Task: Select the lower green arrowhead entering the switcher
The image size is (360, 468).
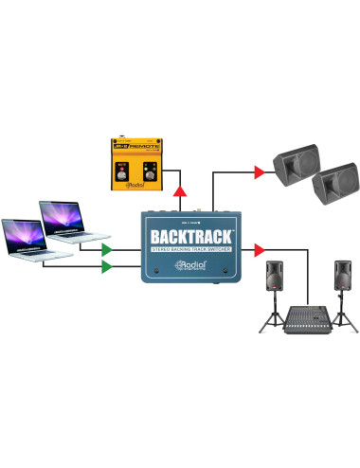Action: tap(109, 267)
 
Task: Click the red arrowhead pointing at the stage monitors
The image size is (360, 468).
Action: tap(260, 172)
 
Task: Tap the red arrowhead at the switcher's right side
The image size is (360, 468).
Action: tap(259, 250)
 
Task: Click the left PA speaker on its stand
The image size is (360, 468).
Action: tap(274, 276)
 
